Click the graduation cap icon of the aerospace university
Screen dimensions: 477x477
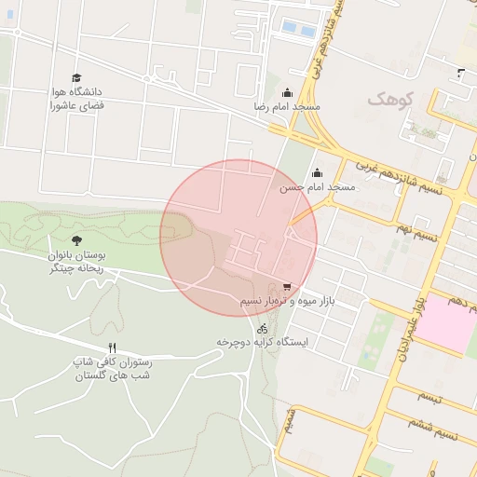tap(76, 78)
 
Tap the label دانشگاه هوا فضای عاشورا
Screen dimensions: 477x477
tap(76, 99)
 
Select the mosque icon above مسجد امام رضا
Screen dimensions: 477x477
tap(286, 92)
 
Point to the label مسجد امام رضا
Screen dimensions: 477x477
tap(286, 108)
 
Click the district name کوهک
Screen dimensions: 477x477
tap(388, 99)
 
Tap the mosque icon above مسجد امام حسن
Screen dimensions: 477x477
tap(318, 172)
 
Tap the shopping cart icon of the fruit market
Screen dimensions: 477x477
tap(287, 287)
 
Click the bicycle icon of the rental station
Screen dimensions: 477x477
tap(262, 328)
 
